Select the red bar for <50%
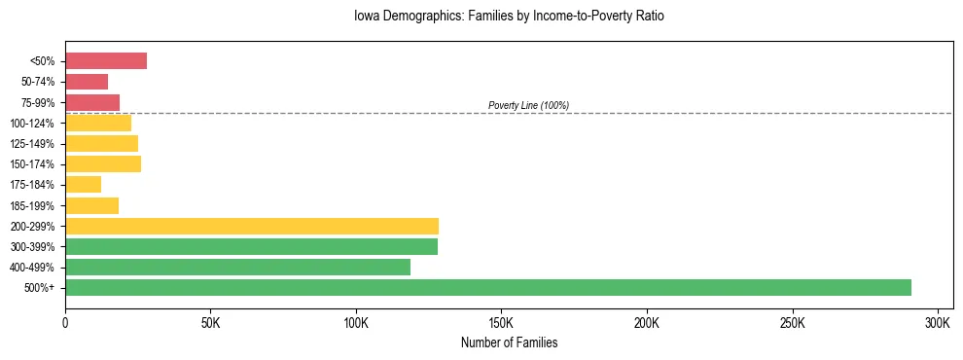106,61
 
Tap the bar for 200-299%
252,226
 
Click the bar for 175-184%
84,184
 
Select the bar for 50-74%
87,82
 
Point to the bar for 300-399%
251,246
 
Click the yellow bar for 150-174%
103,163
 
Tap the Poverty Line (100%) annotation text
528,105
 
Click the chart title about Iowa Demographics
510,17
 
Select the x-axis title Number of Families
509,342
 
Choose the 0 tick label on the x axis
65,322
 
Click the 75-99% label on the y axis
37,102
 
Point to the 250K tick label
793,322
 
